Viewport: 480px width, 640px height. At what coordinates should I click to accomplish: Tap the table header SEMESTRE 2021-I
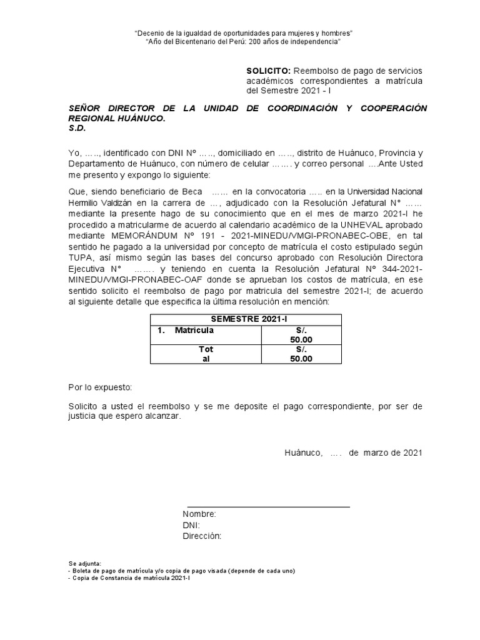pos(246,319)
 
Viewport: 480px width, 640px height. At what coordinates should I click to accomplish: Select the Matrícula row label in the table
pos(194,329)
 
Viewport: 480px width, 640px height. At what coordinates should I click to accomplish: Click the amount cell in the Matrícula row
pos(301,334)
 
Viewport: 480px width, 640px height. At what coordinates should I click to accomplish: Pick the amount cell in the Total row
pos(301,354)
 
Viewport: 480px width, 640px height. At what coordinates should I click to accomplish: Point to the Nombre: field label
pos(199,514)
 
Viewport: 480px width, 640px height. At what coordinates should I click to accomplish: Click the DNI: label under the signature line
pos(191,525)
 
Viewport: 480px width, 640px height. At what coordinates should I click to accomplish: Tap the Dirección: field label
pos(202,536)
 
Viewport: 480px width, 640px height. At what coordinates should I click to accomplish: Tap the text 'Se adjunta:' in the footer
pos(84,563)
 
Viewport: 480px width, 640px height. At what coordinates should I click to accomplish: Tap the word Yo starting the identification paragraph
pos(74,154)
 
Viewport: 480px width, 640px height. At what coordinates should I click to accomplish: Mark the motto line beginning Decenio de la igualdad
pos(244,32)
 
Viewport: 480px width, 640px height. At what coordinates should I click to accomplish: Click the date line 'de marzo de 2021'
pos(385,452)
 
